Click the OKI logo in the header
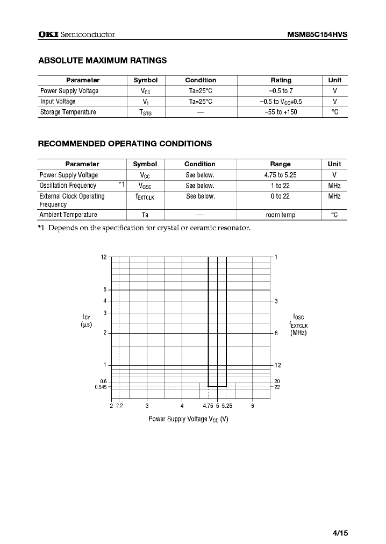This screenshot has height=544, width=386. point(48,34)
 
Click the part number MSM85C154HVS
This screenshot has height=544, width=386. point(317,34)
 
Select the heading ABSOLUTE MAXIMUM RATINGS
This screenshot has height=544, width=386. point(102,60)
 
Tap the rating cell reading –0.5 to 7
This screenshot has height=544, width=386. point(281,91)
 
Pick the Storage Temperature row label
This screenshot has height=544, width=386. point(68,112)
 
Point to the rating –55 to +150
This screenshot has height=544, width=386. point(281,112)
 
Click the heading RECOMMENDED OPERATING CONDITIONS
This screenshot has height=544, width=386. point(125,144)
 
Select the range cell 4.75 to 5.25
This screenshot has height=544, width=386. point(280,175)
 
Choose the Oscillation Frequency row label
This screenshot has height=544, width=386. point(68,186)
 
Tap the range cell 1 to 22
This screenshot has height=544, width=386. point(280,186)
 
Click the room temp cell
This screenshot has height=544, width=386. point(280,215)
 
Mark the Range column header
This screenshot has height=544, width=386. point(280,164)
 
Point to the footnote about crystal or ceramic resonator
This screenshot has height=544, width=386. point(144,228)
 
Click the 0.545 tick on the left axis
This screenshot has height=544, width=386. point(101,386)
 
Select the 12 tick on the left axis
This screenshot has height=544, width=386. point(104,257)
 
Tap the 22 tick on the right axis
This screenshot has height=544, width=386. point(277,386)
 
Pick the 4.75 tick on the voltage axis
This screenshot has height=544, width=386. point(208,406)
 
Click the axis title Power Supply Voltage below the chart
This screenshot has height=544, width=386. point(188,419)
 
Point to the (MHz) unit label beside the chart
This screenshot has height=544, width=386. point(298,333)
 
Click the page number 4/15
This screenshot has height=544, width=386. point(340,533)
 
